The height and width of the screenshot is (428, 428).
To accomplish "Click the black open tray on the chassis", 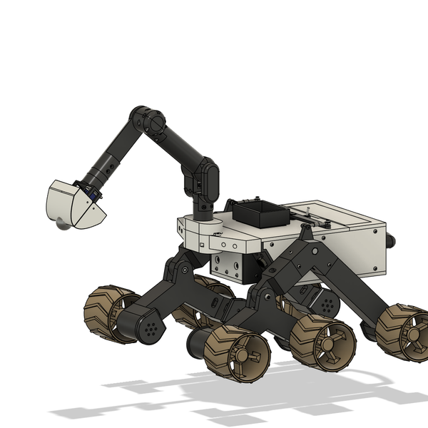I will (x=258, y=212).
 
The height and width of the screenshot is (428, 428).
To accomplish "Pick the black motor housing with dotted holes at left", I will (x=148, y=327).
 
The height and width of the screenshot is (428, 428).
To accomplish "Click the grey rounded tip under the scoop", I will (x=63, y=225).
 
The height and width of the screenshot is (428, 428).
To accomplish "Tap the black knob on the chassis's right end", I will (x=390, y=241).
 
